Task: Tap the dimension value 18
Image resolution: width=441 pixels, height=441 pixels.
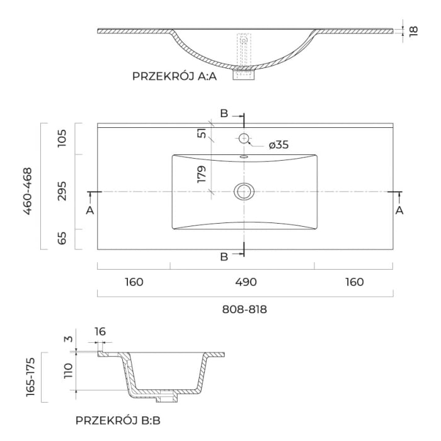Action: [x=413, y=30]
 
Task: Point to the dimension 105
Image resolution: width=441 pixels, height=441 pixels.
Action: [x=62, y=138]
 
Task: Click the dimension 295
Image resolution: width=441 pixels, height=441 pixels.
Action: [x=62, y=192]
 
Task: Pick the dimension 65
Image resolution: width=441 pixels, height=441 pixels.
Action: [x=62, y=239]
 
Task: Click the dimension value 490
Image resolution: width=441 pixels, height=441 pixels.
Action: [x=245, y=282]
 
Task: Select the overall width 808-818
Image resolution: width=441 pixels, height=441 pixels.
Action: [x=245, y=309]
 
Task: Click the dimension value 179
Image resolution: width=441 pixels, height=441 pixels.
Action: [x=202, y=174]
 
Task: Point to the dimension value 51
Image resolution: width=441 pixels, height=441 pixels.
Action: [x=202, y=133]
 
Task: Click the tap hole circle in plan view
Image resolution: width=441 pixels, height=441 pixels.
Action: [x=244, y=138]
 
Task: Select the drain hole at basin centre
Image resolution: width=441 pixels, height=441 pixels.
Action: [x=244, y=191]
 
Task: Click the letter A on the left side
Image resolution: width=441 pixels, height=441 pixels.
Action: [x=90, y=210]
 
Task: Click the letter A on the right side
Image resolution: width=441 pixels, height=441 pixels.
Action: [x=399, y=210]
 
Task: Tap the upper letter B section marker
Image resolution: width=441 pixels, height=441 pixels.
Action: [x=224, y=113]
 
